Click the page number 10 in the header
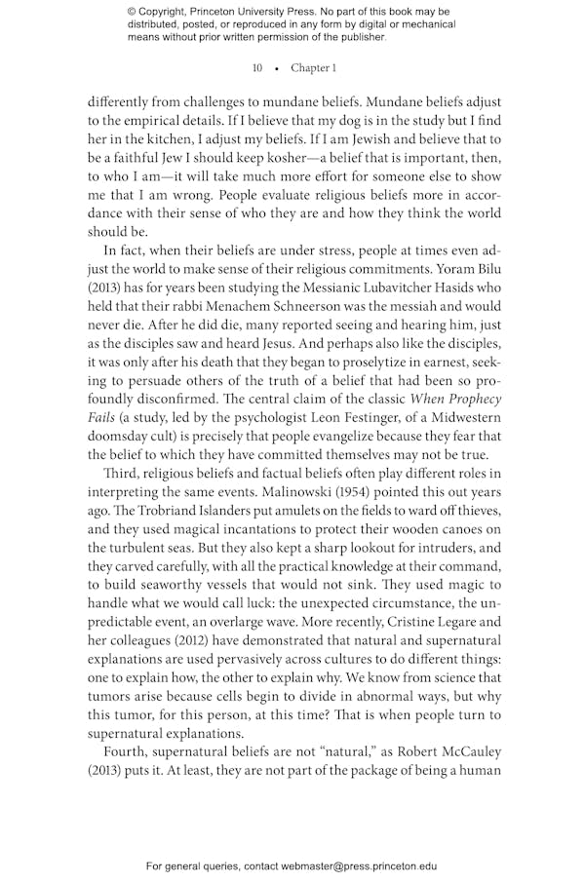[x=257, y=68]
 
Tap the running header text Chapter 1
[x=313, y=68]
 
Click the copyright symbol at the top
[x=133, y=12]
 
